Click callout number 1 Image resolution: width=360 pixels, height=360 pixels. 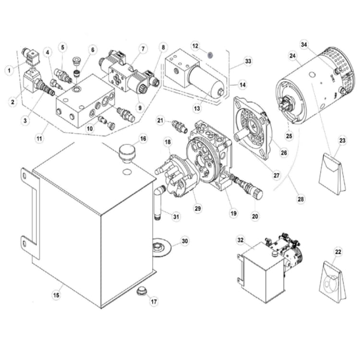(x=9, y=70)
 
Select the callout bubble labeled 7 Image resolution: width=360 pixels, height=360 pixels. (x=143, y=48)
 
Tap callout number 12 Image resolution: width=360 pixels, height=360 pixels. (x=195, y=46)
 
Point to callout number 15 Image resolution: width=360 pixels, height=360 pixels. (x=56, y=295)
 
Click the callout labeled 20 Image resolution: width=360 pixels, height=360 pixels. (x=255, y=216)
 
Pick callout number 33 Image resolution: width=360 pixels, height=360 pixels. (x=248, y=61)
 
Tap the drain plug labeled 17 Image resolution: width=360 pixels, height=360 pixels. (x=141, y=291)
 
